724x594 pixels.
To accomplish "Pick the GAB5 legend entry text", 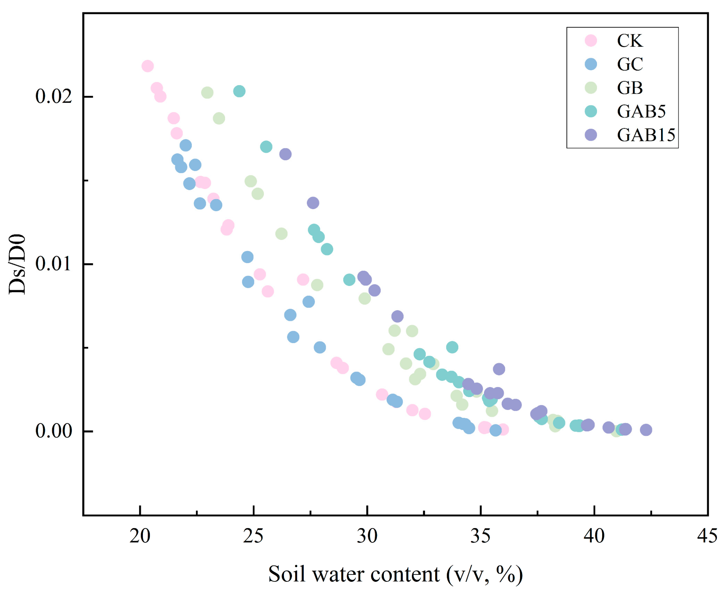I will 641,111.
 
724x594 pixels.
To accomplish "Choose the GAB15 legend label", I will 646,135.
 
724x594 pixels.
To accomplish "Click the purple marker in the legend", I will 591,135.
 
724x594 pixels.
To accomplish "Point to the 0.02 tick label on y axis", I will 54,97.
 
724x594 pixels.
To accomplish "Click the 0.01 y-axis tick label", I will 54,264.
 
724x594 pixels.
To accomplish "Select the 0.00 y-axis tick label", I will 54,431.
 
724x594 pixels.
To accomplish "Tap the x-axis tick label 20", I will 140,537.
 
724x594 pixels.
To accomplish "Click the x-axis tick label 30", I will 367,537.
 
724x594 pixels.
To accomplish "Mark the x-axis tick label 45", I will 707,537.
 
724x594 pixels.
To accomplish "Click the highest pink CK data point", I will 147,66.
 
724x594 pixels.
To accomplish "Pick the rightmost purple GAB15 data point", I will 646,430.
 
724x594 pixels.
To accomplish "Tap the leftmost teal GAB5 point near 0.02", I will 239,91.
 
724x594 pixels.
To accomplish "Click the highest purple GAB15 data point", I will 285,154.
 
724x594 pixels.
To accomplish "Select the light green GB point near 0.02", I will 207,93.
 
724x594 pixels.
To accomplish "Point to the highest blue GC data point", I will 186,145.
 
